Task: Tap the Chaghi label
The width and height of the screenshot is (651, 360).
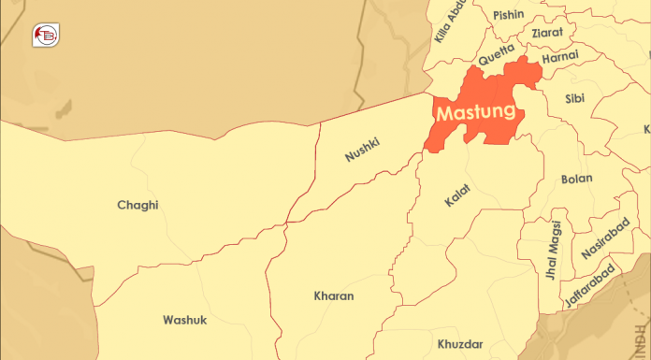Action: click(x=137, y=205)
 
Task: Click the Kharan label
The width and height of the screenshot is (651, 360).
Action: click(x=334, y=295)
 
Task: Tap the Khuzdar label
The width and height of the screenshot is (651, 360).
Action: click(x=460, y=344)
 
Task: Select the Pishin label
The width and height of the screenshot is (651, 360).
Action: click(x=509, y=14)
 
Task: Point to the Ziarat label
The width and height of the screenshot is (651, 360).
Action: click(x=547, y=32)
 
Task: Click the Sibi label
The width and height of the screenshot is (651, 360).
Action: click(x=576, y=97)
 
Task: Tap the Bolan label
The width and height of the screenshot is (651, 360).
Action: click(x=576, y=179)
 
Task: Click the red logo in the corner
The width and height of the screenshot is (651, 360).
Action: click(x=44, y=35)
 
